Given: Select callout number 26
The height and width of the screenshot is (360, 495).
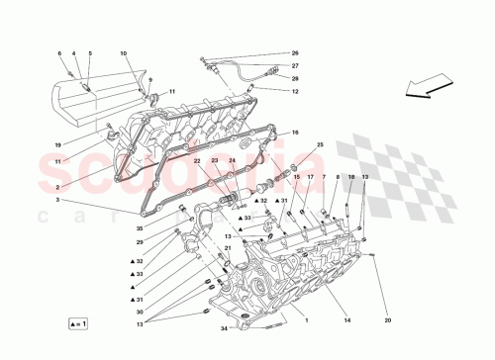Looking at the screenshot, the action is click(x=294, y=52).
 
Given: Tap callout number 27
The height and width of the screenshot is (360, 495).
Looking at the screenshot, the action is click(x=294, y=65).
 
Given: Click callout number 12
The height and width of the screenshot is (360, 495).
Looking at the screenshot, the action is click(x=294, y=91).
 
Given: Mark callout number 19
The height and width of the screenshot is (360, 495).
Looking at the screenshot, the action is click(x=57, y=144).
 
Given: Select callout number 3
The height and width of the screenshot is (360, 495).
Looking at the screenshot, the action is click(x=57, y=200).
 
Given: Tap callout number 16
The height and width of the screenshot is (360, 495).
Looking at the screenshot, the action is click(x=294, y=131).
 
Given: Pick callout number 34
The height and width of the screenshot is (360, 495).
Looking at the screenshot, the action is click(x=224, y=328).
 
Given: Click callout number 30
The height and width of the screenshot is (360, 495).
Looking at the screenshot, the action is click(x=140, y=313).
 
